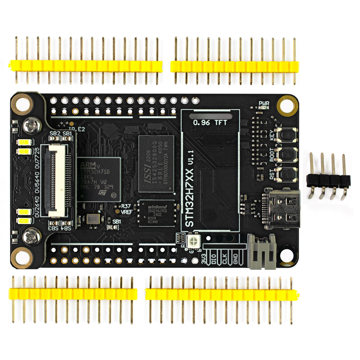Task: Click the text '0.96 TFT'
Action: tap(210, 123)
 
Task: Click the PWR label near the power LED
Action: tap(264, 103)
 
